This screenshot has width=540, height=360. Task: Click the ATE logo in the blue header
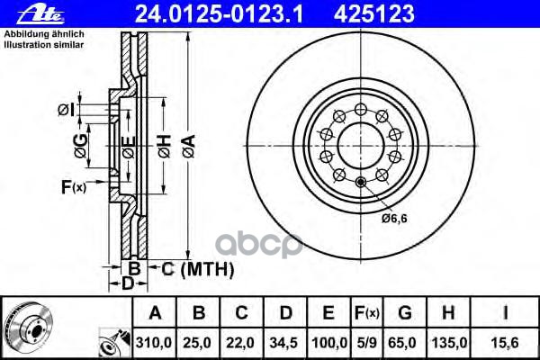40,14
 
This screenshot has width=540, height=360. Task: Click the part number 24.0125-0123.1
220,14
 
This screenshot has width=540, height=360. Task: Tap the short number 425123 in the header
374,14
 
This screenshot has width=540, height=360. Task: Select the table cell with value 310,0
154,343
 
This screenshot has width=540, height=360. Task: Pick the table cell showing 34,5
284,343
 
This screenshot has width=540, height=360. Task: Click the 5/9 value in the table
367,343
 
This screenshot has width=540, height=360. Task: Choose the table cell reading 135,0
448,343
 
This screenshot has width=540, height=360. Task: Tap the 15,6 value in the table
505,343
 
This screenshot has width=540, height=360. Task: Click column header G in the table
405,312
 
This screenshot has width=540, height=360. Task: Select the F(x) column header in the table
367,312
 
